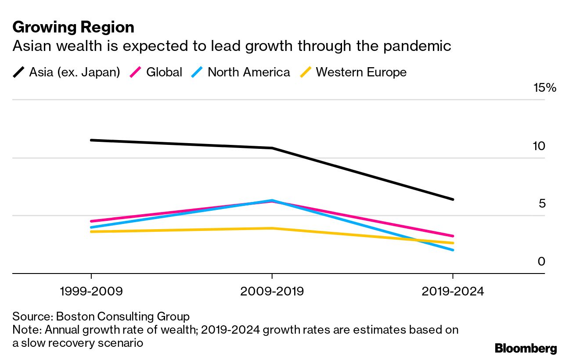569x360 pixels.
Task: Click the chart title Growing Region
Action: (73, 27)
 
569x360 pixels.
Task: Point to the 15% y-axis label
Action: (544, 88)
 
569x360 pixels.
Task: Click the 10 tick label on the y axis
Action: (539, 146)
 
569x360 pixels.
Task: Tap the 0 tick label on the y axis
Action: (541, 261)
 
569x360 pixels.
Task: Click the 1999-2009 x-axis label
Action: (91, 292)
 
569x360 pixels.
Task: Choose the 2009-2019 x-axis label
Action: (272, 292)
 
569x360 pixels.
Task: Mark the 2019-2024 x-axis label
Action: (452, 292)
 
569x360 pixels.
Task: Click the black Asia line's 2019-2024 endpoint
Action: (453, 199)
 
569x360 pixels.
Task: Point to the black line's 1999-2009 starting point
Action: (91, 140)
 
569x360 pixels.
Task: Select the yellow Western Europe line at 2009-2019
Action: (272, 228)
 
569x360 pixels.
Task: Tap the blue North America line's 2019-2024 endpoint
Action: (453, 250)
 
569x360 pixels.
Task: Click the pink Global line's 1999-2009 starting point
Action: (91, 221)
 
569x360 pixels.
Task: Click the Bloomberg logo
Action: (526, 349)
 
